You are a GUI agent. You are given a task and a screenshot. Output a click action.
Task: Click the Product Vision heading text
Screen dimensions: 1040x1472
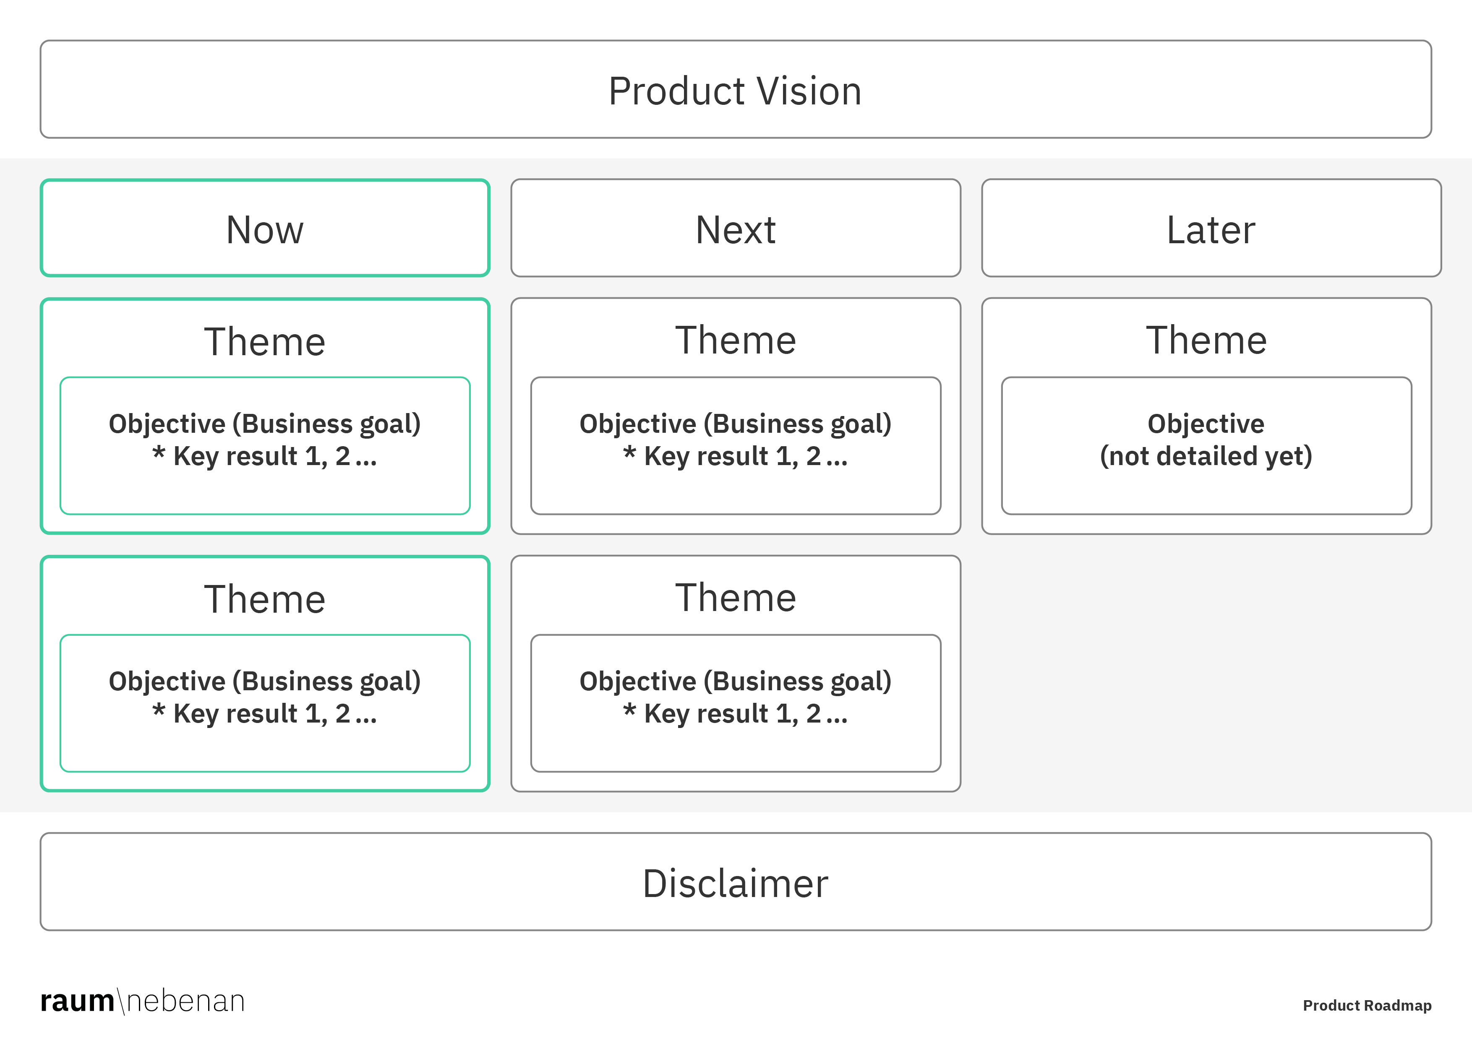pos(735,91)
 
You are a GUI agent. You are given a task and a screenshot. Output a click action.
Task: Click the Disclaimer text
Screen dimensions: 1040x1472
pos(735,884)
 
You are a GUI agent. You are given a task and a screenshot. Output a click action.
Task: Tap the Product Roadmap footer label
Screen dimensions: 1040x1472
pos(1367,1005)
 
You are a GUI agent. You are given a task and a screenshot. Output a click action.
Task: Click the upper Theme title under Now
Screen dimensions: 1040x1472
pos(265,341)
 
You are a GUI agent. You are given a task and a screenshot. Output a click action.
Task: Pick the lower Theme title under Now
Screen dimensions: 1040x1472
pos(265,599)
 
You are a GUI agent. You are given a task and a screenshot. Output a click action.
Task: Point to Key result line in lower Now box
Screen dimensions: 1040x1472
pos(265,714)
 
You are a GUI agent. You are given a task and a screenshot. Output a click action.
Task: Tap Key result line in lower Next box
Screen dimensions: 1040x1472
pos(735,714)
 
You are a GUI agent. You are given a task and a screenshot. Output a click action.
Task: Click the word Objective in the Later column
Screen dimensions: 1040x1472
pos(1206,424)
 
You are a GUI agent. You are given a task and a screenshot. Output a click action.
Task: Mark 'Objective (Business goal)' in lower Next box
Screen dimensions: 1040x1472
pos(735,681)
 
